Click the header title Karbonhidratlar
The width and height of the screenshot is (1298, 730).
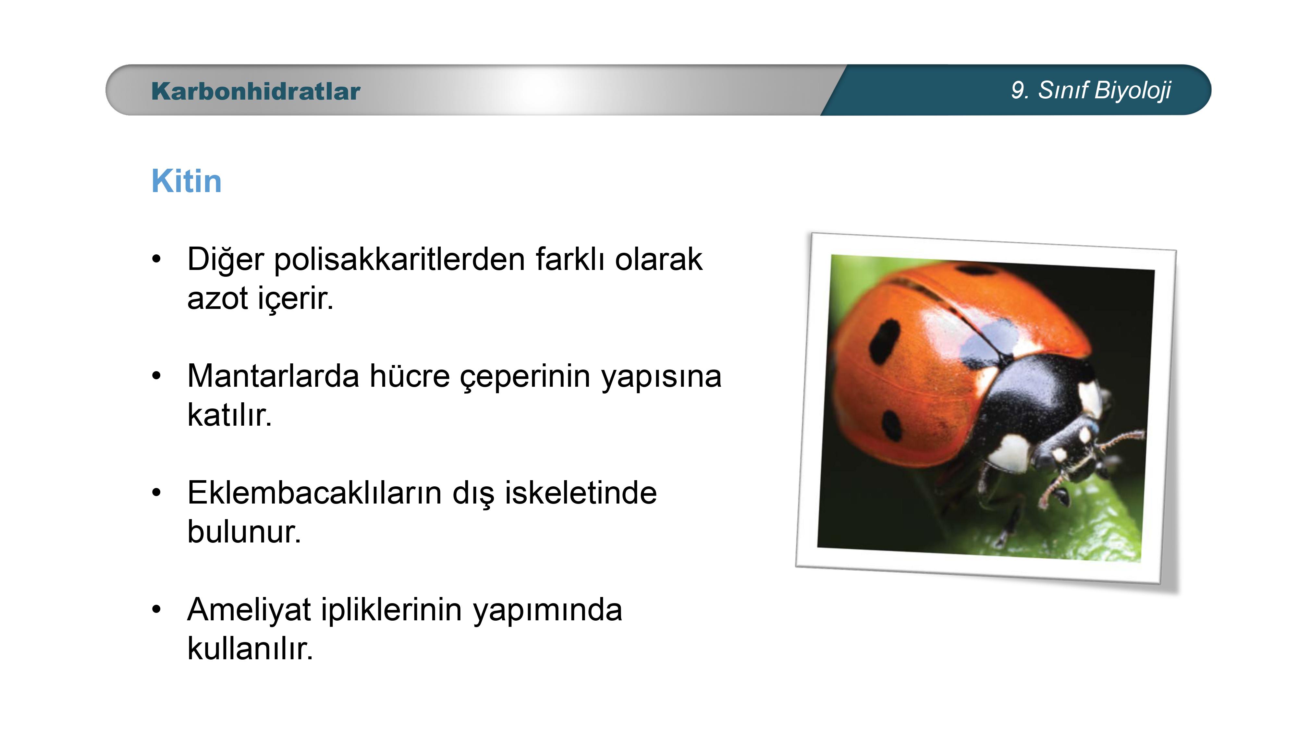pos(255,91)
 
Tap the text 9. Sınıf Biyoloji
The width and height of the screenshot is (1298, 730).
pos(1091,91)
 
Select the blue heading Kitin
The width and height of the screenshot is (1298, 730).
pos(187,181)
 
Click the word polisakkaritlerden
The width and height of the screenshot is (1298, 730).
pos(399,260)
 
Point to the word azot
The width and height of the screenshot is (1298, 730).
pos(218,298)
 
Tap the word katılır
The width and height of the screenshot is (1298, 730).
pos(229,415)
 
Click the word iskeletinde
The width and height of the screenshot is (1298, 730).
pos(581,493)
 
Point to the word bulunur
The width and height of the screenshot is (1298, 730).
pos(244,532)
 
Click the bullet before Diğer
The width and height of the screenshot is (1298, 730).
pos(157,260)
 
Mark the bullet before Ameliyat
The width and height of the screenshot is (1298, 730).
pos(157,610)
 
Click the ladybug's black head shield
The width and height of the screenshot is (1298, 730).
pos(1038,403)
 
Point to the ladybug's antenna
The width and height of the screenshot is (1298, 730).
pos(1121,438)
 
